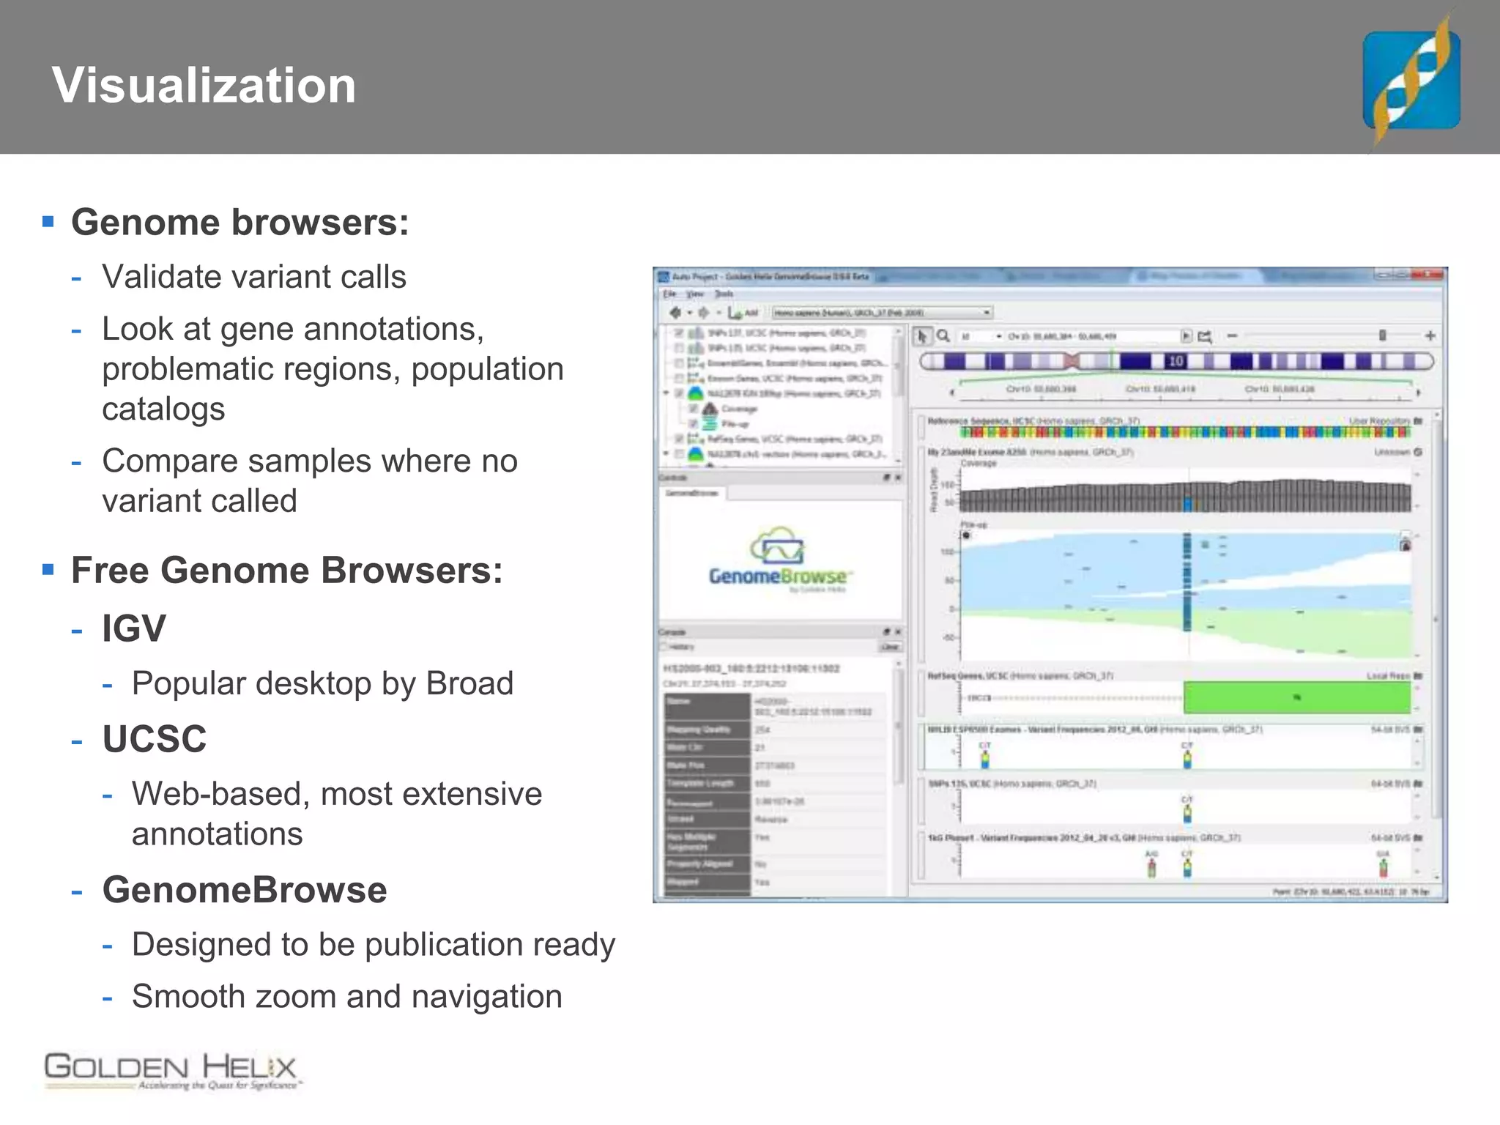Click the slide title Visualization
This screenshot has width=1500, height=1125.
(204, 85)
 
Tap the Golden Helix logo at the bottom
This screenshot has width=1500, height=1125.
(171, 1071)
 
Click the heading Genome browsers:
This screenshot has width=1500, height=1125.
(240, 223)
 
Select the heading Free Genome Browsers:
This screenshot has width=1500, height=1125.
(286, 571)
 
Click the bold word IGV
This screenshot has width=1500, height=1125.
(134, 628)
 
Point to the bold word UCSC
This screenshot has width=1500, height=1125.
(155, 738)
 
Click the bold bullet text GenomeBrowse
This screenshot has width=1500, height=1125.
(245, 890)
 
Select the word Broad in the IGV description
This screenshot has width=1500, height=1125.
(469, 683)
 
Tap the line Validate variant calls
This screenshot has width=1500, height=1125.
(253, 277)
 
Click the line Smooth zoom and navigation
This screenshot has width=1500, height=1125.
(346, 997)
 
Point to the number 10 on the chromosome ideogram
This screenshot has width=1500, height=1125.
(1176, 361)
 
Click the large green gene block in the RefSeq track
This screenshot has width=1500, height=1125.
(1296, 697)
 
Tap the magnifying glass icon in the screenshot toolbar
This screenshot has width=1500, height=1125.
(943, 335)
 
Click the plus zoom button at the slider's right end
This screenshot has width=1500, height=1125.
(1430, 335)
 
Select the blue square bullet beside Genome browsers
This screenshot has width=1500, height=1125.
(48, 221)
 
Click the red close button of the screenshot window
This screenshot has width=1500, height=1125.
(1433, 275)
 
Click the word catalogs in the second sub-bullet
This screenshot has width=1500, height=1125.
(163, 409)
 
